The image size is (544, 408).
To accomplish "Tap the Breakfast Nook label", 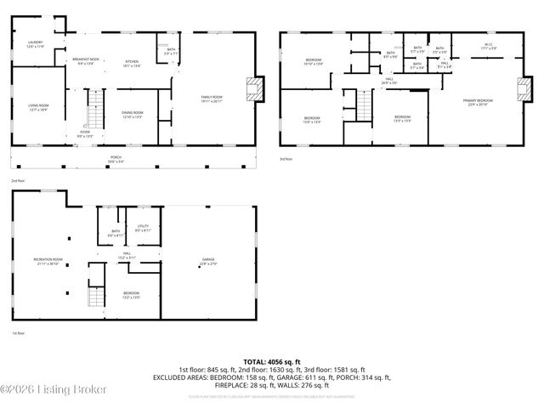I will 86,61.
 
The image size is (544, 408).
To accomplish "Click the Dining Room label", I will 132,114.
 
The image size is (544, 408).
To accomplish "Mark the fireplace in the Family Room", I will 252,86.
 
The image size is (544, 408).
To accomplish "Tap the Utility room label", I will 143,228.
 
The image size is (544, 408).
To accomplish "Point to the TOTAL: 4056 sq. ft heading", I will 272,362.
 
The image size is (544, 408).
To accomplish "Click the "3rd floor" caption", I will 286,159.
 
